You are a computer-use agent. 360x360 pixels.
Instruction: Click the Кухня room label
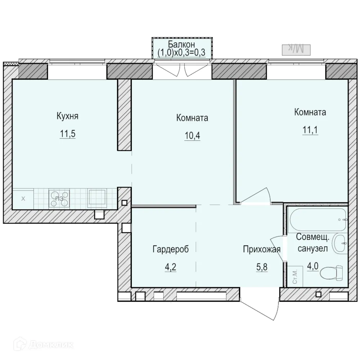point(67,116)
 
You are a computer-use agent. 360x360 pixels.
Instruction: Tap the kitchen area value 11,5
point(67,134)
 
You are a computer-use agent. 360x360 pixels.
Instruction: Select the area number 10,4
point(192,136)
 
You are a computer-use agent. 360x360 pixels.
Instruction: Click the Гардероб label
point(171,249)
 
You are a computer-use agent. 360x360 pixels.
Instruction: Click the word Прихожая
point(261,249)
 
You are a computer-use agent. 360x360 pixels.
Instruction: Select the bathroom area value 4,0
point(312,267)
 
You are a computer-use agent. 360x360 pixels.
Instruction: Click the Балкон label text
point(182,45)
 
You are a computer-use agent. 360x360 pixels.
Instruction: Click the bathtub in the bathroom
point(317,219)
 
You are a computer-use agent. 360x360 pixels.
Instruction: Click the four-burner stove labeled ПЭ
point(59,198)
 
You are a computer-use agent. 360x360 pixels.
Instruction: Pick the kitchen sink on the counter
point(97,198)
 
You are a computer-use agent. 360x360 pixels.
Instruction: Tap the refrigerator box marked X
point(23,198)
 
